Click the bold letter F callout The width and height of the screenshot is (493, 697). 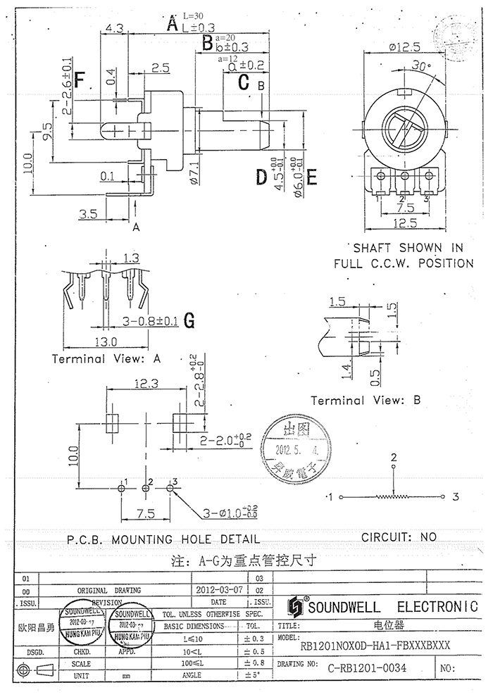tap(80, 80)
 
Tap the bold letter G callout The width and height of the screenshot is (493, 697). tap(189, 320)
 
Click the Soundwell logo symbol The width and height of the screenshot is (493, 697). tap(294, 606)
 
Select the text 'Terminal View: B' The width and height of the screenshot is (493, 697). tap(366, 400)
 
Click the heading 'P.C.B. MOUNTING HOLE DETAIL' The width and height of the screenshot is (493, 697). tap(163, 540)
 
